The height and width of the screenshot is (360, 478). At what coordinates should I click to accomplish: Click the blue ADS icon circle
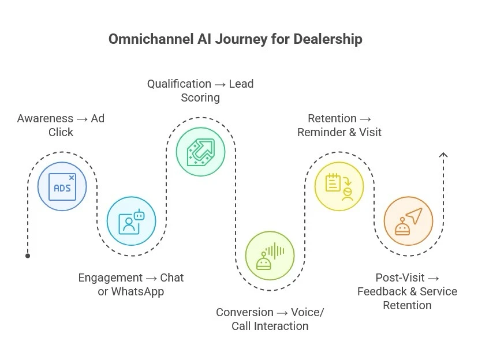coord(62,186)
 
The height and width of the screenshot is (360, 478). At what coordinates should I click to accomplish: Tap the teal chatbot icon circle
coord(131,221)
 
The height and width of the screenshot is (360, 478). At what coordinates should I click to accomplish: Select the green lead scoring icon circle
coord(200,152)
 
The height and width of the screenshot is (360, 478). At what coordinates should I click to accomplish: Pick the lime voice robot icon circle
coord(270,256)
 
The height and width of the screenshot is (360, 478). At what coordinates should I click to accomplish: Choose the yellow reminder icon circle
coord(339,186)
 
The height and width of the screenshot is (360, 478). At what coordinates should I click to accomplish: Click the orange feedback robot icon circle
coord(408,221)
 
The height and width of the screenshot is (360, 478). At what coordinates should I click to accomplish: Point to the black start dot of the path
coord(28,256)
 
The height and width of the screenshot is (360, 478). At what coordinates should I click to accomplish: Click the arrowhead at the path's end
coord(443,154)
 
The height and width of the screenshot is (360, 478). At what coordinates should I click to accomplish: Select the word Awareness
coord(45,118)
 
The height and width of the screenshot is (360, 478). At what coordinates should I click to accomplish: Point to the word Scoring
coord(200,97)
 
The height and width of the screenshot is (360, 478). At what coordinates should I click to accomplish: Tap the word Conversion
coord(245,312)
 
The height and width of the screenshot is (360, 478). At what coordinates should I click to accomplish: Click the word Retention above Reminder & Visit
coord(332,118)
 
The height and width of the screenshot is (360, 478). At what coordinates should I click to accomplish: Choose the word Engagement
coord(110,277)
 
